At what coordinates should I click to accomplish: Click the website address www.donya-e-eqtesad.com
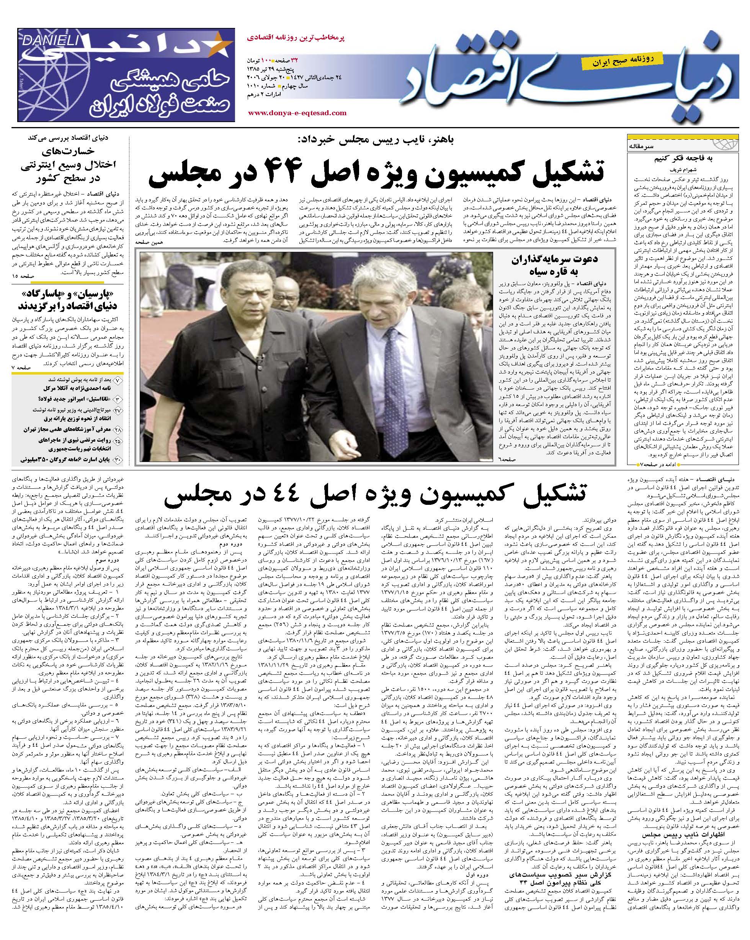297,113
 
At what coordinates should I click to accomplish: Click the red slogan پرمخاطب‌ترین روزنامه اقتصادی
296,38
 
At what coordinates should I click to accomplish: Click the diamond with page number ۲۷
118,410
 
